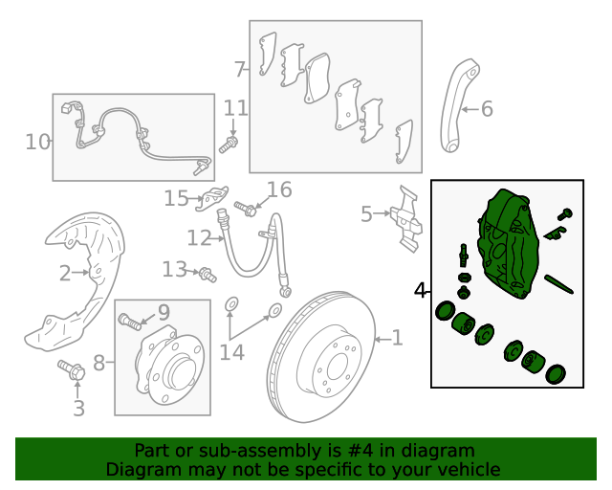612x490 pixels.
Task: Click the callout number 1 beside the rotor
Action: pyautogui.click(x=397, y=338)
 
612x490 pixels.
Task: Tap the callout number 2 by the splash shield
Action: pyautogui.click(x=65, y=274)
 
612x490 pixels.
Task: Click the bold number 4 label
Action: pyautogui.click(x=420, y=290)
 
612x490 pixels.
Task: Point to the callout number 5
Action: pyautogui.click(x=366, y=214)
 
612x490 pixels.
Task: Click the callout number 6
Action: pyautogui.click(x=487, y=109)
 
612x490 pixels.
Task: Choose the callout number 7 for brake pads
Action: pyautogui.click(x=240, y=69)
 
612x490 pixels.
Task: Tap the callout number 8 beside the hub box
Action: pyautogui.click(x=98, y=363)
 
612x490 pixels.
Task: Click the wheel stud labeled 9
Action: pyautogui.click(x=129, y=320)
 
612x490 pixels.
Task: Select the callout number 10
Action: pyautogui.click(x=37, y=143)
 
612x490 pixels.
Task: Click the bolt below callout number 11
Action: pyautogui.click(x=228, y=146)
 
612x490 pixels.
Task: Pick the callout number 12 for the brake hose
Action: pyautogui.click(x=199, y=237)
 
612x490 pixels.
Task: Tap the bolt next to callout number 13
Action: pyautogui.click(x=207, y=275)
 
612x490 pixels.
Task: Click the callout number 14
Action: pyautogui.click(x=231, y=352)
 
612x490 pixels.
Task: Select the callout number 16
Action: pyautogui.click(x=278, y=189)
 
